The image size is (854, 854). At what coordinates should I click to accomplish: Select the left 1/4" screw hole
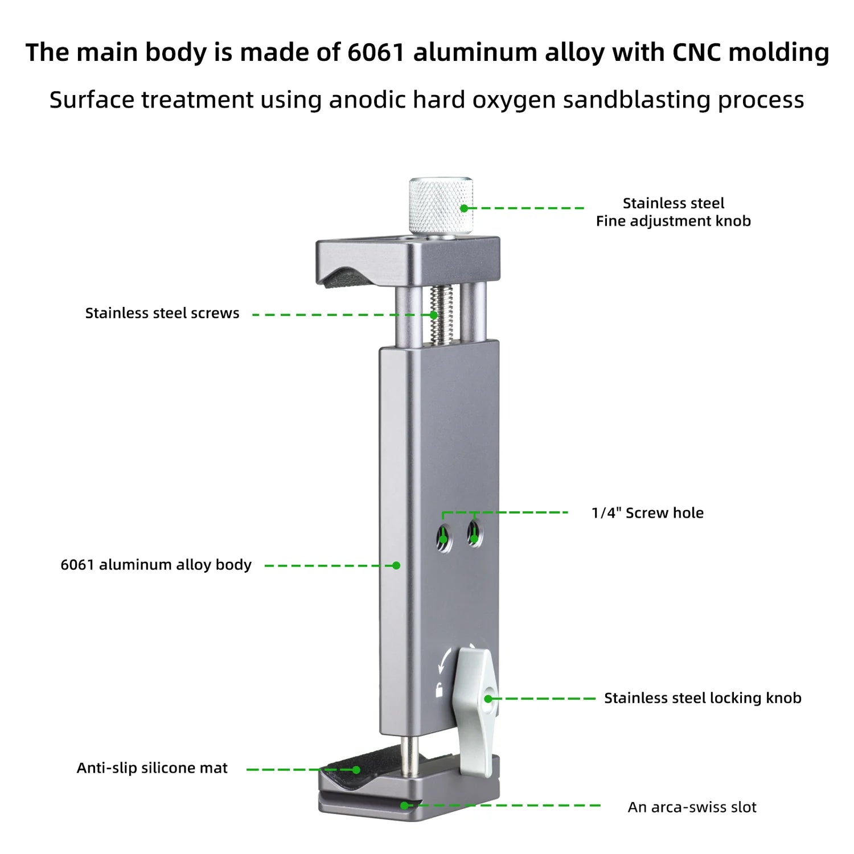pos(444,537)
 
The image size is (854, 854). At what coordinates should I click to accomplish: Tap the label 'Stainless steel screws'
pos(162,313)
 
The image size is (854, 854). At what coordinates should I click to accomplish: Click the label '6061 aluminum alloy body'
pos(156,565)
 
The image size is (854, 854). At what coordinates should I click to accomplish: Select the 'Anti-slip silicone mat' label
pos(152,768)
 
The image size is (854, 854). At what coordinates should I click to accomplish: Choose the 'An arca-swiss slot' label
pos(692,807)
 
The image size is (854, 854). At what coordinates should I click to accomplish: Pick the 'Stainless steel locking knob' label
pos(703,698)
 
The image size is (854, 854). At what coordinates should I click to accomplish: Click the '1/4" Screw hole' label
pos(647,513)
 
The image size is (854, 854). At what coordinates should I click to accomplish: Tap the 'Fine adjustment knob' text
pos(673,221)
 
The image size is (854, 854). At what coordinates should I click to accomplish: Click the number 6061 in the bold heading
pos(375,52)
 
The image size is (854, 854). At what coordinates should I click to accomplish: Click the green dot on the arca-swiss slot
pos(404,806)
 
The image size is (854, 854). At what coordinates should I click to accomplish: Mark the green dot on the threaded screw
pos(434,315)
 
